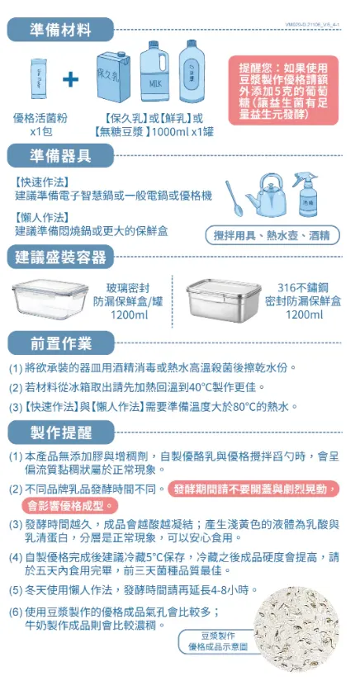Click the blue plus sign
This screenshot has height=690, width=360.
[72, 79]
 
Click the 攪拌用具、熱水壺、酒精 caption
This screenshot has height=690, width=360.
[271, 235]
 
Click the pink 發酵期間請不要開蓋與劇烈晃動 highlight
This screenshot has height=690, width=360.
[253, 489]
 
